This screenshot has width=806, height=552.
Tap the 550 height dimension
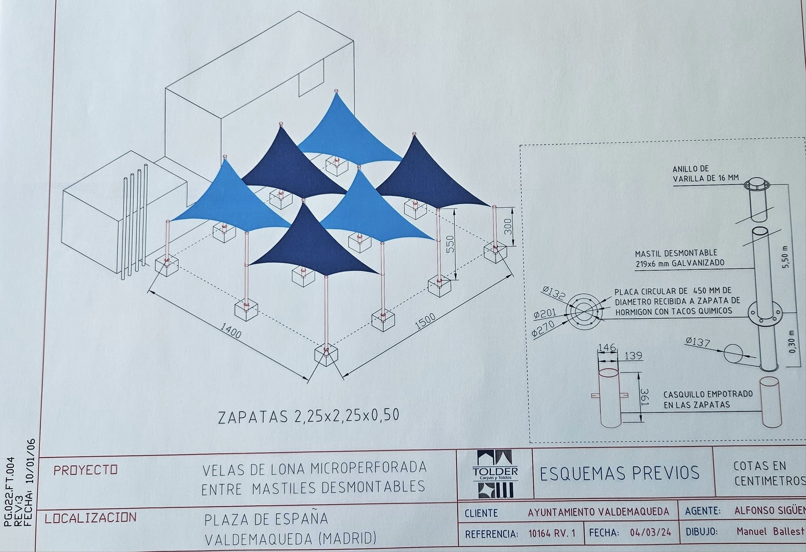[451, 244]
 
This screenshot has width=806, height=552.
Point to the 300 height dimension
[508, 226]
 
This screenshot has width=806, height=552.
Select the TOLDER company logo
[495, 474]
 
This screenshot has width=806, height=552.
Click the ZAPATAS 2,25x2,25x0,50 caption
[309, 417]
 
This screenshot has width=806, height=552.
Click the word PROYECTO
[85, 470]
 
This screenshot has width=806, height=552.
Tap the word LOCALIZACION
[91, 518]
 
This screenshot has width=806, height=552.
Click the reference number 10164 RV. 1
[552, 534]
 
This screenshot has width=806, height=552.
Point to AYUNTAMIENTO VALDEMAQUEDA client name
[598, 512]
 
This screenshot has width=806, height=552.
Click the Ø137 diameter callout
[697, 342]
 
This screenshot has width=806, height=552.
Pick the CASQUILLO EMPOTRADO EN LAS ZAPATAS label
[708, 399]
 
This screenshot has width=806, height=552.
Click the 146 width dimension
[606, 347]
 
